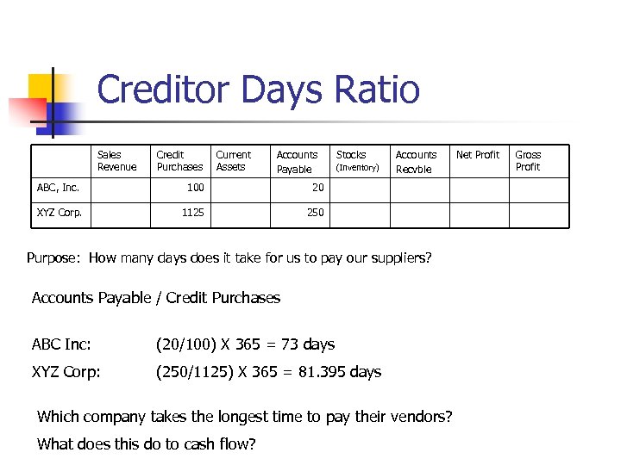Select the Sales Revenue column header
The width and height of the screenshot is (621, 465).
(116, 161)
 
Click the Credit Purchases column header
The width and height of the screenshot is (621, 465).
(179, 161)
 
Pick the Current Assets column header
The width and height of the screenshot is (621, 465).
(233, 161)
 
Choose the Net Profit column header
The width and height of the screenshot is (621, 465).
(477, 155)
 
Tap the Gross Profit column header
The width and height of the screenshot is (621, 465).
(528, 161)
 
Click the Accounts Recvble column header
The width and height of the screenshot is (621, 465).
(416, 162)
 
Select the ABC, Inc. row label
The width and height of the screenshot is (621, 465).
(58, 188)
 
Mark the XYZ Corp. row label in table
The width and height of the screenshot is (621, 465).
(60, 213)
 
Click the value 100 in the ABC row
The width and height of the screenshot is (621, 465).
(196, 188)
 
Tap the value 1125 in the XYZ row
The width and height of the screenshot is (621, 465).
(193, 213)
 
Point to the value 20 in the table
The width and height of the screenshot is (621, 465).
(318, 188)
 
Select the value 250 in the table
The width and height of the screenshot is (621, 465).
(316, 213)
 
